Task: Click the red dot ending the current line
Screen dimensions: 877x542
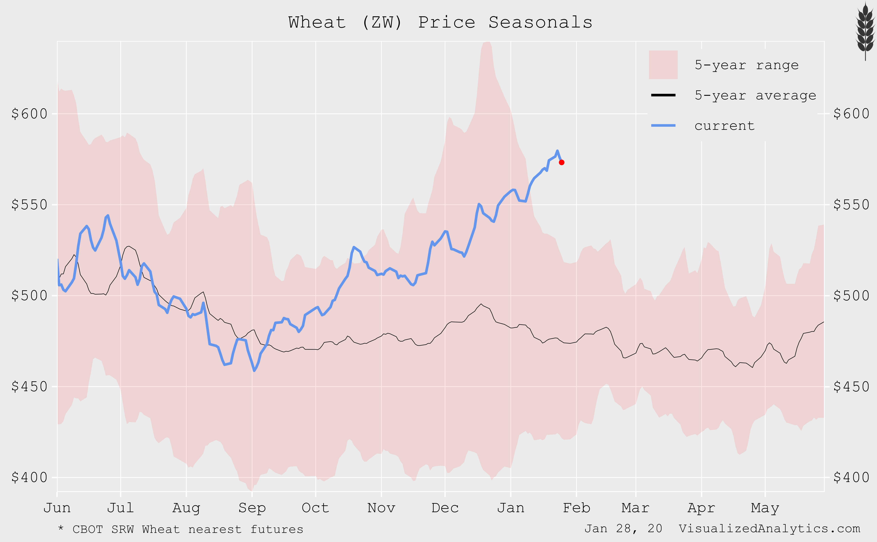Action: pos(562,162)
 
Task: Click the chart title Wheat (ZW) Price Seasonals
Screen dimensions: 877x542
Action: pos(440,22)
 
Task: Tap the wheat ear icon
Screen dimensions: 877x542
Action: pos(865,31)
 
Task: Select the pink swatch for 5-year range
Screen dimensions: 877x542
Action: pos(663,65)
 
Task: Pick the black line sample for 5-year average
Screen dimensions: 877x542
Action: pos(663,95)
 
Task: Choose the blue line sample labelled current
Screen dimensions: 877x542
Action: pos(663,125)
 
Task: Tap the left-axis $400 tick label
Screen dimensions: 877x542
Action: pos(29,477)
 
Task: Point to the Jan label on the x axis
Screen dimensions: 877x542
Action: pos(511,508)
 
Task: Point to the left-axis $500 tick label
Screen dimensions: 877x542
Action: pos(29,296)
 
